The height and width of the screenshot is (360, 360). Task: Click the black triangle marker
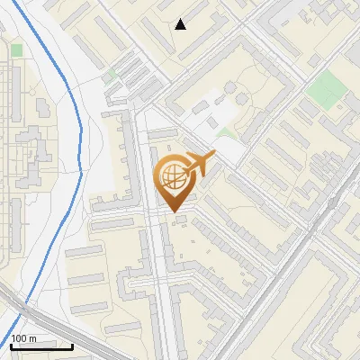tap(181, 24)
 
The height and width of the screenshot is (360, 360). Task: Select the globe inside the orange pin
tap(173, 180)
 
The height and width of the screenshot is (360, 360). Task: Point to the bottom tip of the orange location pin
tap(173, 212)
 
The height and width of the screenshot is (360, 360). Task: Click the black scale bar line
tap(41, 346)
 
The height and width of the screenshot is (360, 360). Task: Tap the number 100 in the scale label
tap(19, 338)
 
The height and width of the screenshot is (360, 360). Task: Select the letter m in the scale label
tap(31, 338)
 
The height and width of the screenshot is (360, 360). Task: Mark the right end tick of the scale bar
tap(72, 345)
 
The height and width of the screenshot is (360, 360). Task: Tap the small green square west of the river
tap(16, 50)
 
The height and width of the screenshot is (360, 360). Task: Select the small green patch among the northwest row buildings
tap(113, 76)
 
